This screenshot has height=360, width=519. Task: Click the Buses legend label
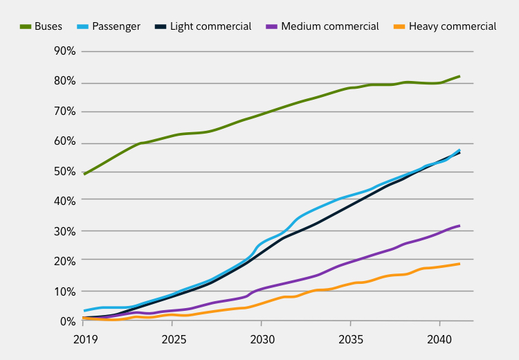coord(48,26)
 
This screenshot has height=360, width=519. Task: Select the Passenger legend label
coord(116,26)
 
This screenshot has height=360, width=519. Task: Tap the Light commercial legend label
coord(210,26)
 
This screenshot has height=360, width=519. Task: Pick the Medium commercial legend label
coord(331,26)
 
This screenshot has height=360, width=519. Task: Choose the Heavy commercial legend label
coord(453,26)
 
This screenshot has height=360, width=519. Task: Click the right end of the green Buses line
coord(459,76)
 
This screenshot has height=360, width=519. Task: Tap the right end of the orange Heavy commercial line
coord(459,264)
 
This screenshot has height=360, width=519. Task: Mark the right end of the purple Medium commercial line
coord(459,226)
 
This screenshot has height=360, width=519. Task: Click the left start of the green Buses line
coord(84,174)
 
